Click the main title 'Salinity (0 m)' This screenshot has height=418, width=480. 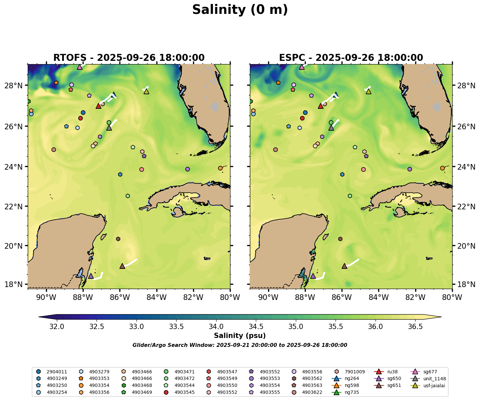tap(240, 10)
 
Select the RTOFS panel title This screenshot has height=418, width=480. tap(129, 58)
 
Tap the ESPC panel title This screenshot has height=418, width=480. tap(351, 58)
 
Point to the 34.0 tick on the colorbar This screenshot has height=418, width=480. tap(216, 327)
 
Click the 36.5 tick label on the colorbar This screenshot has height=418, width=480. tap(416, 327)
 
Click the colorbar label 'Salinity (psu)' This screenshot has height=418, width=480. tap(240, 336)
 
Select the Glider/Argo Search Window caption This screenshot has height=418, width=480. tap(240, 345)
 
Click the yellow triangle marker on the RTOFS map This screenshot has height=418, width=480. tap(146, 92)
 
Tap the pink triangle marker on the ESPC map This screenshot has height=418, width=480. tap(301, 67)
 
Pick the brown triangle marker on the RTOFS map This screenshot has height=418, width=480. tap(122, 266)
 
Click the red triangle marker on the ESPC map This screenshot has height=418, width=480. tap(320, 106)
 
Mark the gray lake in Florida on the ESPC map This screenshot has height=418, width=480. tap(437, 107)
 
